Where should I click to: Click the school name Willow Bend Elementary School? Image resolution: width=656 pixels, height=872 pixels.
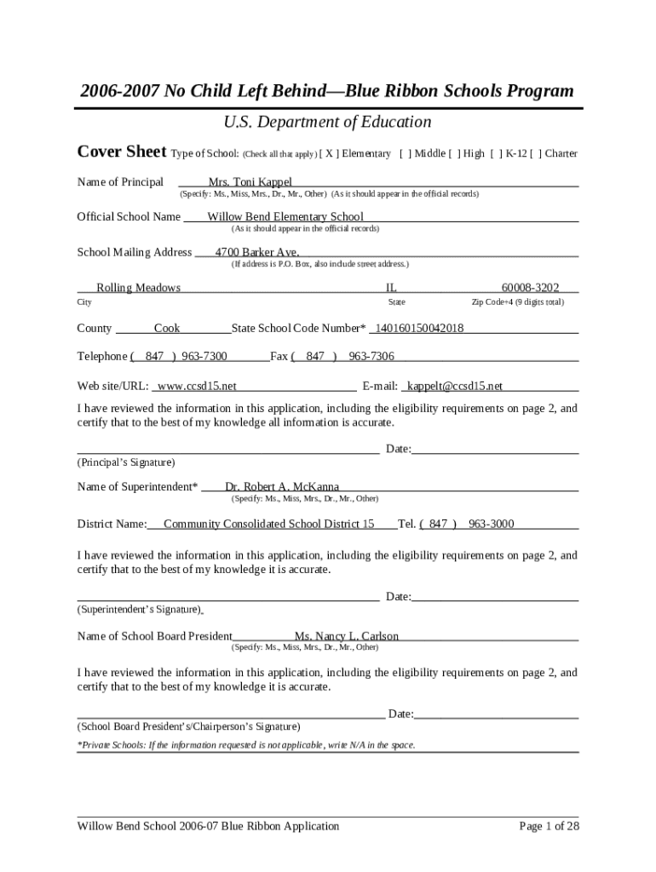click(x=285, y=217)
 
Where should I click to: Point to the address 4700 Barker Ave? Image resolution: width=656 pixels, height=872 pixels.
click(x=256, y=253)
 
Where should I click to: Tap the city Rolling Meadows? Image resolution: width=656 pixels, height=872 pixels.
click(x=139, y=289)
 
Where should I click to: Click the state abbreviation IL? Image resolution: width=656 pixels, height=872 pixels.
click(x=392, y=289)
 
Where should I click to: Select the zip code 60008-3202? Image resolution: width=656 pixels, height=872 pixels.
click(x=530, y=289)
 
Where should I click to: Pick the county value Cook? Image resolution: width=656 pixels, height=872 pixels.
click(x=167, y=329)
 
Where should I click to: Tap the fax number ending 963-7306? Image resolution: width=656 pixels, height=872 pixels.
click(x=371, y=357)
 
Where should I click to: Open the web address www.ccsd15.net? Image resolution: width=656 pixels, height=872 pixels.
click(x=198, y=387)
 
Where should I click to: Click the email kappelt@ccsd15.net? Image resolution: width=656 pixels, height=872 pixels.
click(x=455, y=387)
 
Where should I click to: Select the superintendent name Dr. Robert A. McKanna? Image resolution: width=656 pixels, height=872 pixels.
click(x=282, y=488)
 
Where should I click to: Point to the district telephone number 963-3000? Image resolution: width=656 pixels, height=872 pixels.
click(x=492, y=525)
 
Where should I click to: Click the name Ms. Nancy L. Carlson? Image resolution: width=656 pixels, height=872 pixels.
click(x=347, y=637)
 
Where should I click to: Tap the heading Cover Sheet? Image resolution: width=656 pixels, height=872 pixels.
click(x=122, y=152)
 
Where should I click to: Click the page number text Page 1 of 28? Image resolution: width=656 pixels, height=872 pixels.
click(x=550, y=826)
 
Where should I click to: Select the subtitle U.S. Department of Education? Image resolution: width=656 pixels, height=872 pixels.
click(x=327, y=123)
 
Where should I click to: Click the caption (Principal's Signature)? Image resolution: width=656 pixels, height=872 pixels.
click(x=126, y=463)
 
